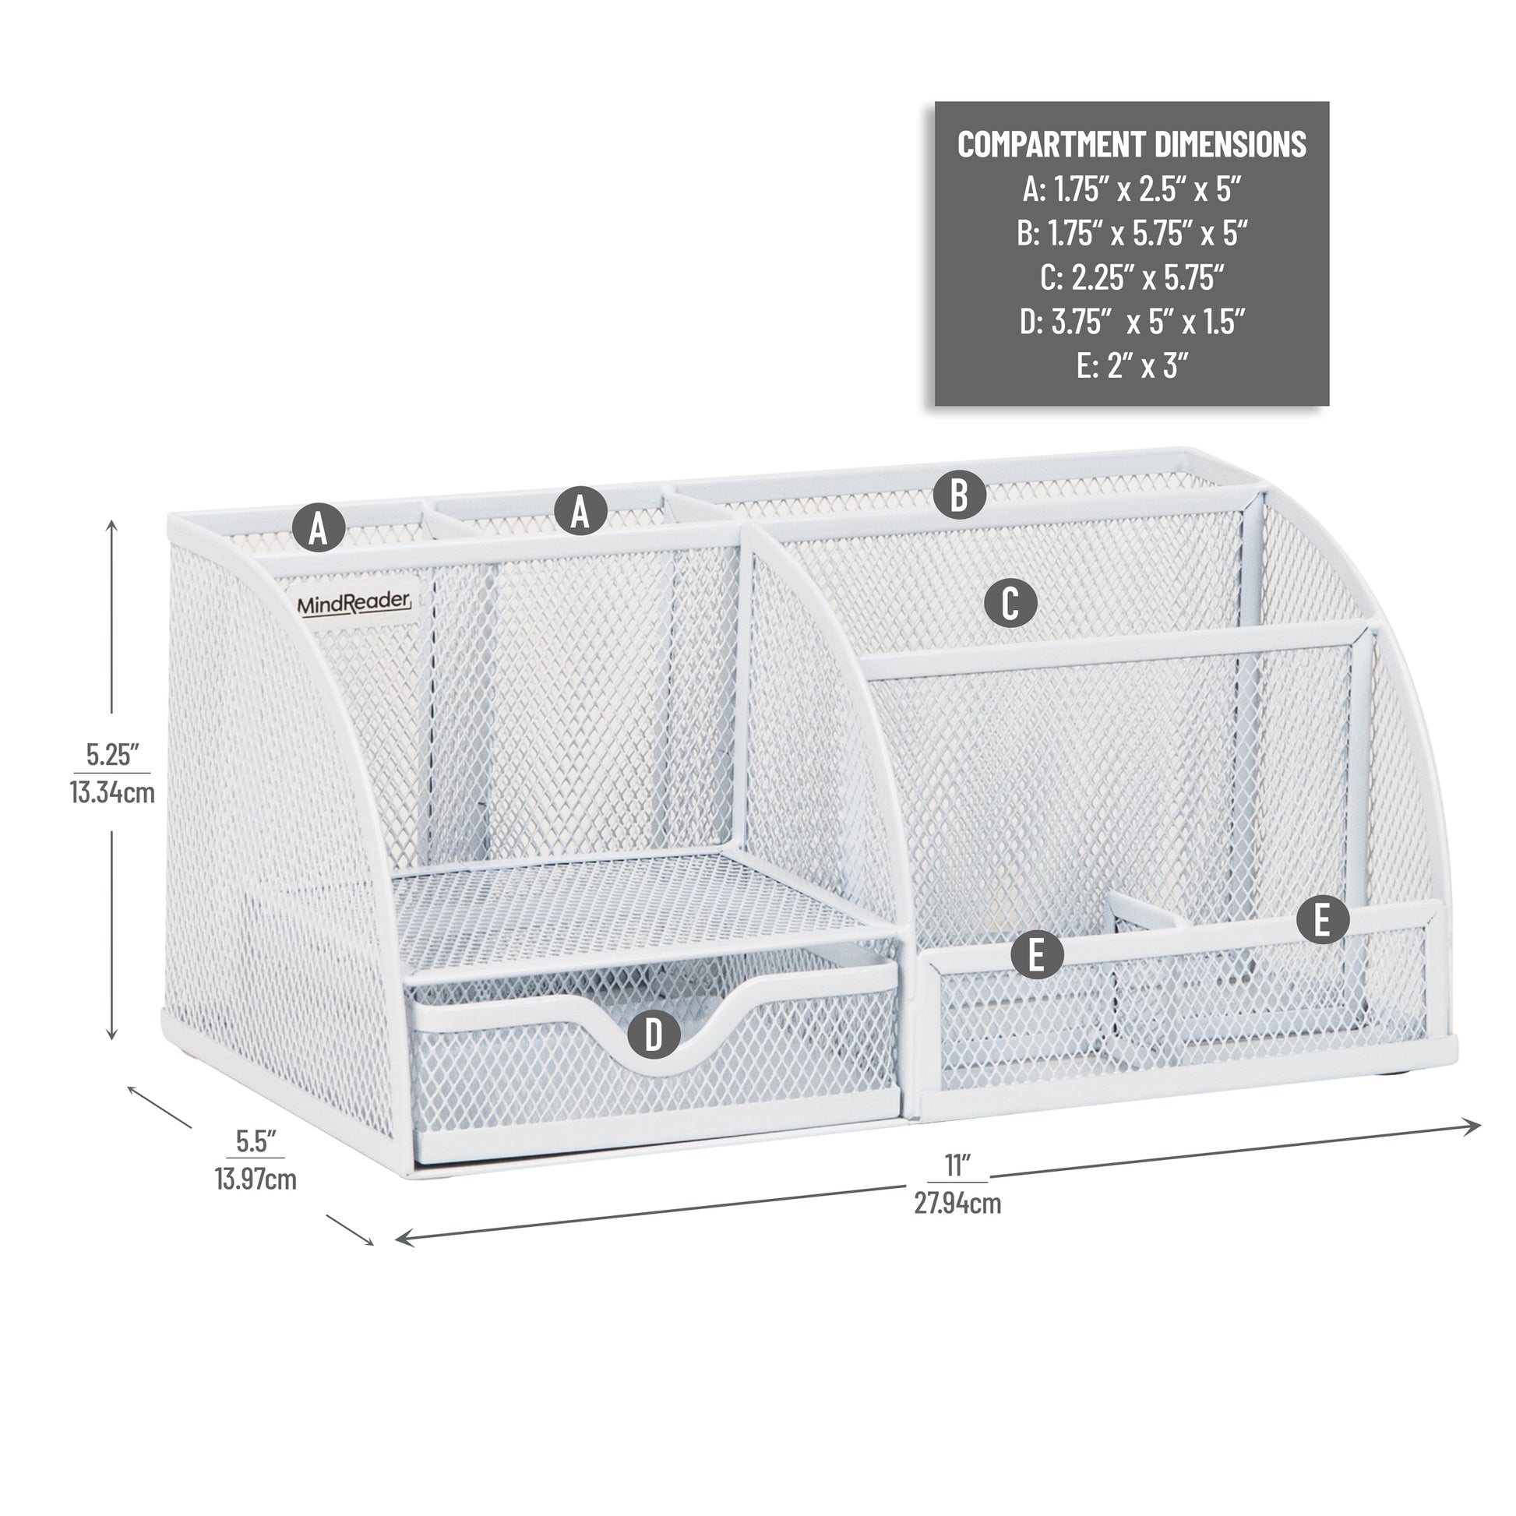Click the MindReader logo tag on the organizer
[354, 603]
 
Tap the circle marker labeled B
[959, 495]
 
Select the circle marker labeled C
[1010, 604]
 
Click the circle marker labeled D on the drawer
[654, 1035]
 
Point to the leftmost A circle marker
[319, 528]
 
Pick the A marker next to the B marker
[580, 511]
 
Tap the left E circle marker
[1037, 955]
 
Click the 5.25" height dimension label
[112, 755]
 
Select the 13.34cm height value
[112, 792]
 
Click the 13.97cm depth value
[256, 1179]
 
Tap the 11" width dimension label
[956, 1166]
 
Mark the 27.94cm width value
[957, 1203]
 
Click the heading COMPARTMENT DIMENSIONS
[1131, 144]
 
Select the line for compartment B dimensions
[1131, 233]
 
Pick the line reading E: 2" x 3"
[1131, 365]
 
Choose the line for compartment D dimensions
[1131, 321]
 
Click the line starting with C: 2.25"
[1131, 277]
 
